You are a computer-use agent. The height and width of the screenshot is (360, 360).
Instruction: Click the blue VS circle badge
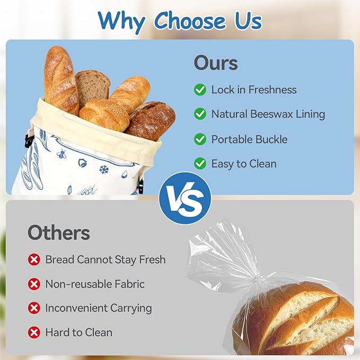coord(185,198)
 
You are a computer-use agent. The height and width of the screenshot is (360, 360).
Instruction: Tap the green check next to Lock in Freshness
coord(200,90)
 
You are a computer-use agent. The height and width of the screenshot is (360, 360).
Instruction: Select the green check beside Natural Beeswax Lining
coord(200,113)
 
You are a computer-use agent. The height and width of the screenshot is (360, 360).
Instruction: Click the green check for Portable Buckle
coord(200,139)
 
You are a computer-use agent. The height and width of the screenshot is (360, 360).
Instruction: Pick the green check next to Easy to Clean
coord(200,163)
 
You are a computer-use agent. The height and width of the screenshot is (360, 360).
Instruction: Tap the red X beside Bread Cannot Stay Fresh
coord(34,260)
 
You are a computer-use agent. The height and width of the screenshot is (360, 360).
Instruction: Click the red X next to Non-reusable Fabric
coord(34,284)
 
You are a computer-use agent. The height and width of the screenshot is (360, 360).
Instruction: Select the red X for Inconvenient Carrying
coord(34,308)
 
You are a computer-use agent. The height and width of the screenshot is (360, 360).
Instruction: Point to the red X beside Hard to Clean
coord(34,332)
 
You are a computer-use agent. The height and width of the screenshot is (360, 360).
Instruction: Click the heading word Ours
coord(216,63)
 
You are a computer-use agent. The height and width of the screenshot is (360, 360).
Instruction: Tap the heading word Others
coord(59,233)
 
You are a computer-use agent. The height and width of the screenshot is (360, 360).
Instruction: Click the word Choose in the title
coord(190,21)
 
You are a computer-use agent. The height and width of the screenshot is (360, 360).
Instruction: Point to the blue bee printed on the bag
coord(62,154)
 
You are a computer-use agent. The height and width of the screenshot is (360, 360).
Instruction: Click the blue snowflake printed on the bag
coord(104,170)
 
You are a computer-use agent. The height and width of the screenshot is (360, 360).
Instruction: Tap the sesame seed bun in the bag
coord(104,115)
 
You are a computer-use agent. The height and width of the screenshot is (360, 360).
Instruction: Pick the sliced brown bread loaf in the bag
coord(92,87)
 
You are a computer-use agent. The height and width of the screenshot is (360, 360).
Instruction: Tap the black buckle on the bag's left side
coord(29,141)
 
